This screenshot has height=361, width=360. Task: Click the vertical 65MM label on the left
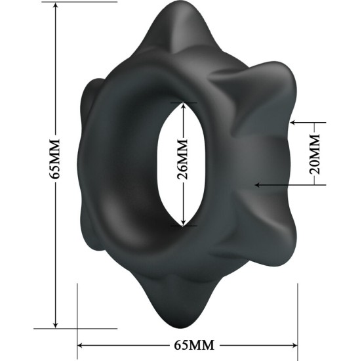coord(56,159)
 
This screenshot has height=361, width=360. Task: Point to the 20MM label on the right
coord(315,153)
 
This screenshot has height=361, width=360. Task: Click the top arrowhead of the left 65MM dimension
coord(56,7)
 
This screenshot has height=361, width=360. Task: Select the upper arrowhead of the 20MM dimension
coord(293,123)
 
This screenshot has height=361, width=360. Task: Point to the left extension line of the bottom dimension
coord(78,308)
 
